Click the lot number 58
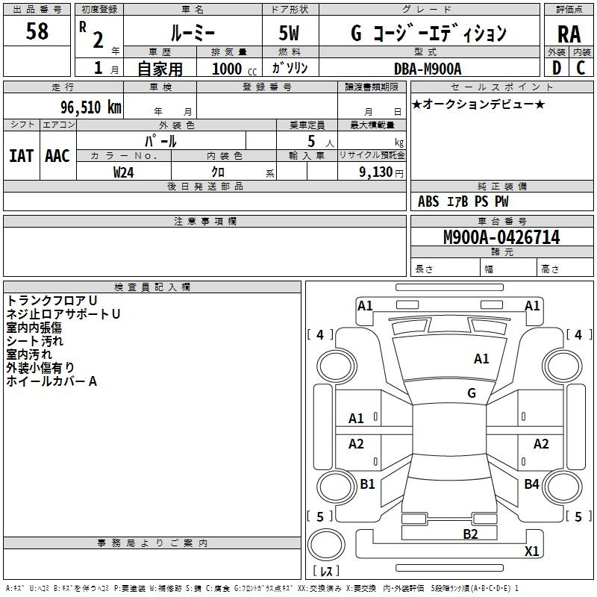point(37,31)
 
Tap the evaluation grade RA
point(569,34)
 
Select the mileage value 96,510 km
point(90,107)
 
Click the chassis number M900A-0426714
point(501,237)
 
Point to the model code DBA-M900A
point(427,69)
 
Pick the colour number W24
point(123,172)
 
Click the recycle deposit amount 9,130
point(375,172)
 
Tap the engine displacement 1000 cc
point(234,69)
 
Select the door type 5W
point(289,33)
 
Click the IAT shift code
point(22,156)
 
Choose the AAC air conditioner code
point(57,156)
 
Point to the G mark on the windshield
point(472,393)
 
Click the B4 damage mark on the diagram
point(531,484)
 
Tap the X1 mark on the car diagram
point(531,551)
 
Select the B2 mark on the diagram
point(470,534)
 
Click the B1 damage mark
point(367,484)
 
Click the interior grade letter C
point(581,68)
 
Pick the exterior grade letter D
point(557,68)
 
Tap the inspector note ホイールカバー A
point(51,381)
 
